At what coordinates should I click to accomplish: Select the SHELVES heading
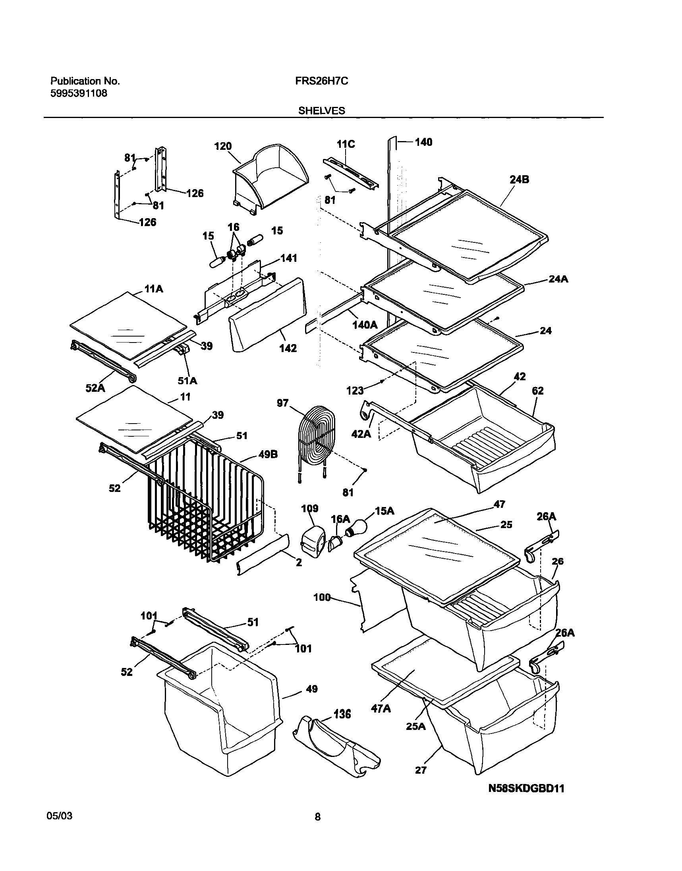pos(321,110)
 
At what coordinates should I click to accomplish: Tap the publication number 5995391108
pos(79,94)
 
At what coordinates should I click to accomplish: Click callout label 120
pos(223,146)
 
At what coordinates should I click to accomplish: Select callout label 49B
pos(269,455)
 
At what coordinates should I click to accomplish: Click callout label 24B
pos(519,180)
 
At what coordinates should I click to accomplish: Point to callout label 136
pos(342,714)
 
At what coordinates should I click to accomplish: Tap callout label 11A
pos(154,288)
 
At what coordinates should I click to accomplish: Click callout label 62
pos(538,391)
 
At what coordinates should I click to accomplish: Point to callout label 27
pos(421,770)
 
